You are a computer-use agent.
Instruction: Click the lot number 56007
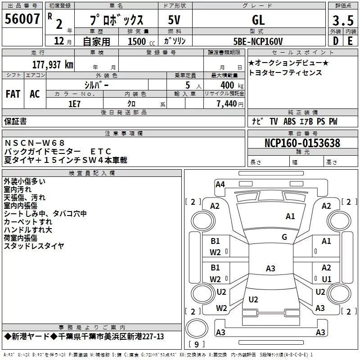(22, 19)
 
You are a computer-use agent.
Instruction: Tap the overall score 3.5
(342, 20)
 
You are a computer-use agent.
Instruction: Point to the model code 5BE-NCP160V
(258, 41)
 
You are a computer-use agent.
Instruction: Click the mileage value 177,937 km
(52, 64)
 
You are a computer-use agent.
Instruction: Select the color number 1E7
(75, 103)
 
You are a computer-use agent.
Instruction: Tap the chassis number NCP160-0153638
(302, 143)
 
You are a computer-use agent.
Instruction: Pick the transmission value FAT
(13, 94)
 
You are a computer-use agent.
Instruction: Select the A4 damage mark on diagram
(220, 184)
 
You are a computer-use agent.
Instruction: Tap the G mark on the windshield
(284, 237)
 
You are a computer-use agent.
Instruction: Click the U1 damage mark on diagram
(326, 279)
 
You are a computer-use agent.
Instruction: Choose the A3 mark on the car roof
(270, 269)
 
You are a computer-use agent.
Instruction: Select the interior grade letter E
(350, 41)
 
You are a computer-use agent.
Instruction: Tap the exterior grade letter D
(335, 41)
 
